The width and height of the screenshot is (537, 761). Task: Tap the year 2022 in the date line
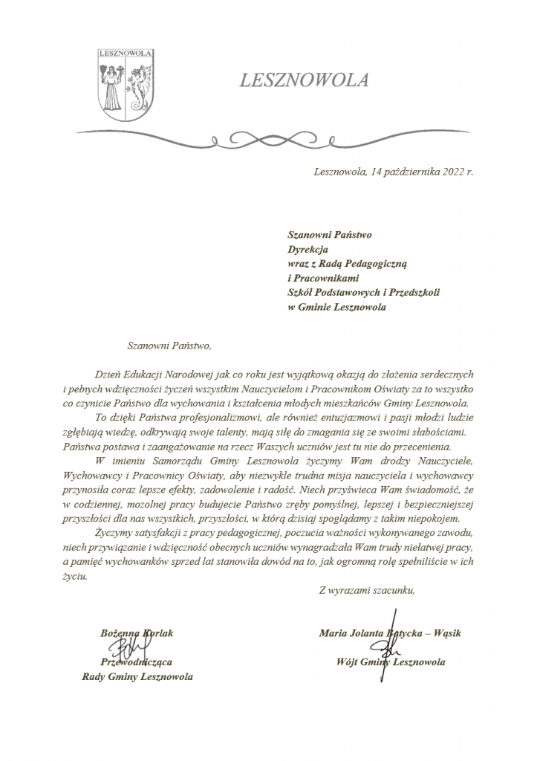tap(448, 172)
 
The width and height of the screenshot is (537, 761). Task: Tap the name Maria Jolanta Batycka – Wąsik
tap(390, 632)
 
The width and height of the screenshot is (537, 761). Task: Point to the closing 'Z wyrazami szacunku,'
tap(366, 591)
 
